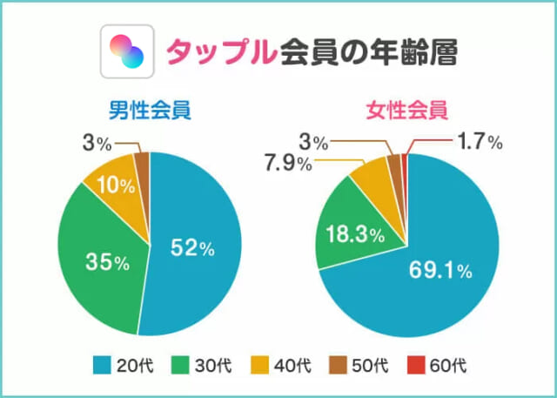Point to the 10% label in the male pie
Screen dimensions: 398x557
(117, 185)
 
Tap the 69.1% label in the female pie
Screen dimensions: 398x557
(440, 271)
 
